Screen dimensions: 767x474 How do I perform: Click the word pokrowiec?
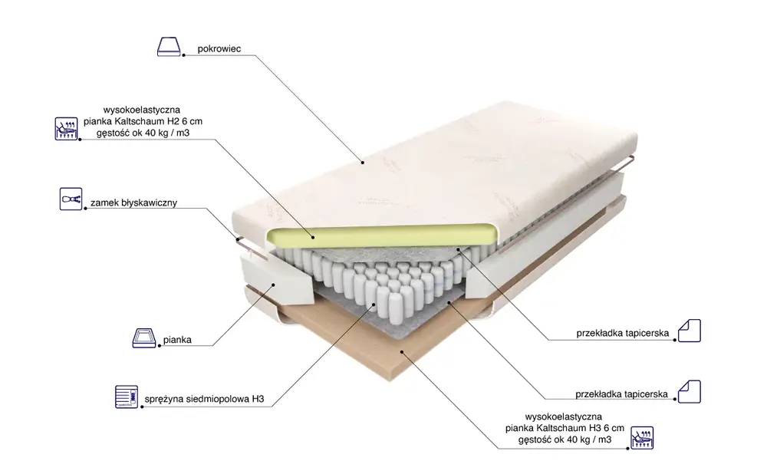(x=219, y=49)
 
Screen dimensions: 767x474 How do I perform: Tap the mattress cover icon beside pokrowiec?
(x=169, y=47)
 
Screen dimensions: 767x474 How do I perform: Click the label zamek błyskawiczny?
(x=133, y=202)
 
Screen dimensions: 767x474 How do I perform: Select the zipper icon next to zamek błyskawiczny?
(x=71, y=199)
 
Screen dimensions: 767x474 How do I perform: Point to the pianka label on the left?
(x=177, y=340)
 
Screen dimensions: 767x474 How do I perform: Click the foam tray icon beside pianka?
(x=144, y=338)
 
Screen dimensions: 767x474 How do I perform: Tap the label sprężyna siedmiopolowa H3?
(x=204, y=399)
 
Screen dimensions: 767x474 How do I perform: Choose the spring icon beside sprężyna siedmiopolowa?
(x=127, y=397)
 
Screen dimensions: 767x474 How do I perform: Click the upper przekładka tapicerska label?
(x=622, y=333)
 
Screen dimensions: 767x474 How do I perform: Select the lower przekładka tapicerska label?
(x=621, y=393)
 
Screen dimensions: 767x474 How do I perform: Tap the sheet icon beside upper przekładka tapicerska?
(x=690, y=330)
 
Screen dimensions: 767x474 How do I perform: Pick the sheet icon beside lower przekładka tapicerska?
(x=690, y=391)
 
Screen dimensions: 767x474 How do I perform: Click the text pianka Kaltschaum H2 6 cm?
(x=143, y=121)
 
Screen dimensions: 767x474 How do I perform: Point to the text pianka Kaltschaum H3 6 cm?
(x=565, y=428)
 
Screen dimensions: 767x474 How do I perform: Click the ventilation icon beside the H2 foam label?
(x=66, y=129)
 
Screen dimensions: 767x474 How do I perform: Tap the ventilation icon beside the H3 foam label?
(x=642, y=437)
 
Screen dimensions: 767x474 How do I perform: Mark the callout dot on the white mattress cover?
(x=363, y=163)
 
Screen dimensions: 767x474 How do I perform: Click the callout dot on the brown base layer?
(x=402, y=351)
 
